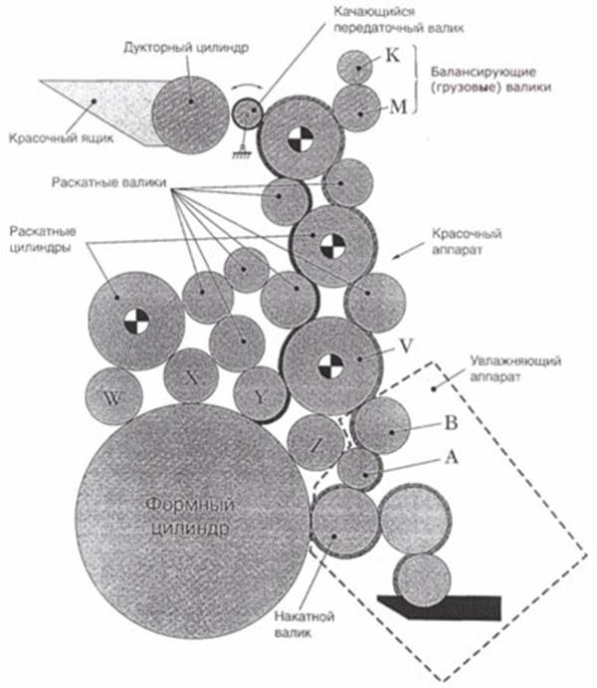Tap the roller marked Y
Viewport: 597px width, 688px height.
(x=260, y=394)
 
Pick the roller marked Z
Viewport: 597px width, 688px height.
(x=315, y=444)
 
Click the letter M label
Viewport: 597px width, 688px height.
(x=395, y=106)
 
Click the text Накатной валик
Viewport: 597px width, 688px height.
(x=300, y=626)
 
